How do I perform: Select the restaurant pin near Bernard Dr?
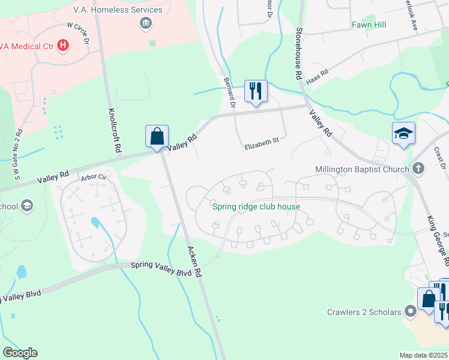pos(256,91)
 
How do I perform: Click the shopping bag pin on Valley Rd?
pos(157,136)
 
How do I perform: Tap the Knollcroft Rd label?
pos(115,129)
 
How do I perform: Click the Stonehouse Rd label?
pos(298,53)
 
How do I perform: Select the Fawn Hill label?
pos(369,25)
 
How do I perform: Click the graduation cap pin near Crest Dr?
pos(403,134)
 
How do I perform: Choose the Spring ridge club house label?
pos(256,207)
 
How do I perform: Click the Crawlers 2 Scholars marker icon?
pos(411,311)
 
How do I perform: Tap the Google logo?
pos(20,352)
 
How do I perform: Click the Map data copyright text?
pos(423,355)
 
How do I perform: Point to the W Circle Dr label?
pos(78,34)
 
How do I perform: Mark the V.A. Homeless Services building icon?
pos(145,24)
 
